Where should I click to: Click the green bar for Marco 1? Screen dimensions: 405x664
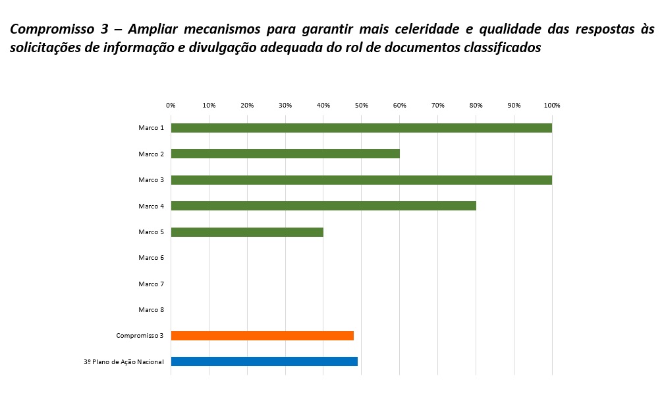(361, 128)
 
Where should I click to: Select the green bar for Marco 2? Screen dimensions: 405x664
(285, 154)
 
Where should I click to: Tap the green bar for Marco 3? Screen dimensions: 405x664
(361, 180)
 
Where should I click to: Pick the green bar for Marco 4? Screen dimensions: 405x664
(323, 206)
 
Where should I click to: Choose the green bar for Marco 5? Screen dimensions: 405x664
(247, 232)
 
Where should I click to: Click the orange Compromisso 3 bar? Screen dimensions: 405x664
(262, 336)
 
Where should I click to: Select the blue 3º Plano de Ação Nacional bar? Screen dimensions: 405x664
(264, 361)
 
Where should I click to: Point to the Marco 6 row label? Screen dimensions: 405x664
(151, 258)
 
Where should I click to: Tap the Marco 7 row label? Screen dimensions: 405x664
(151, 284)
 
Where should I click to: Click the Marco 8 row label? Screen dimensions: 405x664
(151, 310)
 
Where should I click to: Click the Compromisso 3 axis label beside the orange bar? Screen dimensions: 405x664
(140, 336)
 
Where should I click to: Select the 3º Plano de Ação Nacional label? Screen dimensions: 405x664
(128, 361)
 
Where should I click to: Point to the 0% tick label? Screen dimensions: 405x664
(171, 106)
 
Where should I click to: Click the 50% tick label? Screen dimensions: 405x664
(361, 106)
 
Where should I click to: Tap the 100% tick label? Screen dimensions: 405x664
(551, 106)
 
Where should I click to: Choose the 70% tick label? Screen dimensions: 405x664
(437, 106)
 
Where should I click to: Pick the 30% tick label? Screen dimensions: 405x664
(285, 106)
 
